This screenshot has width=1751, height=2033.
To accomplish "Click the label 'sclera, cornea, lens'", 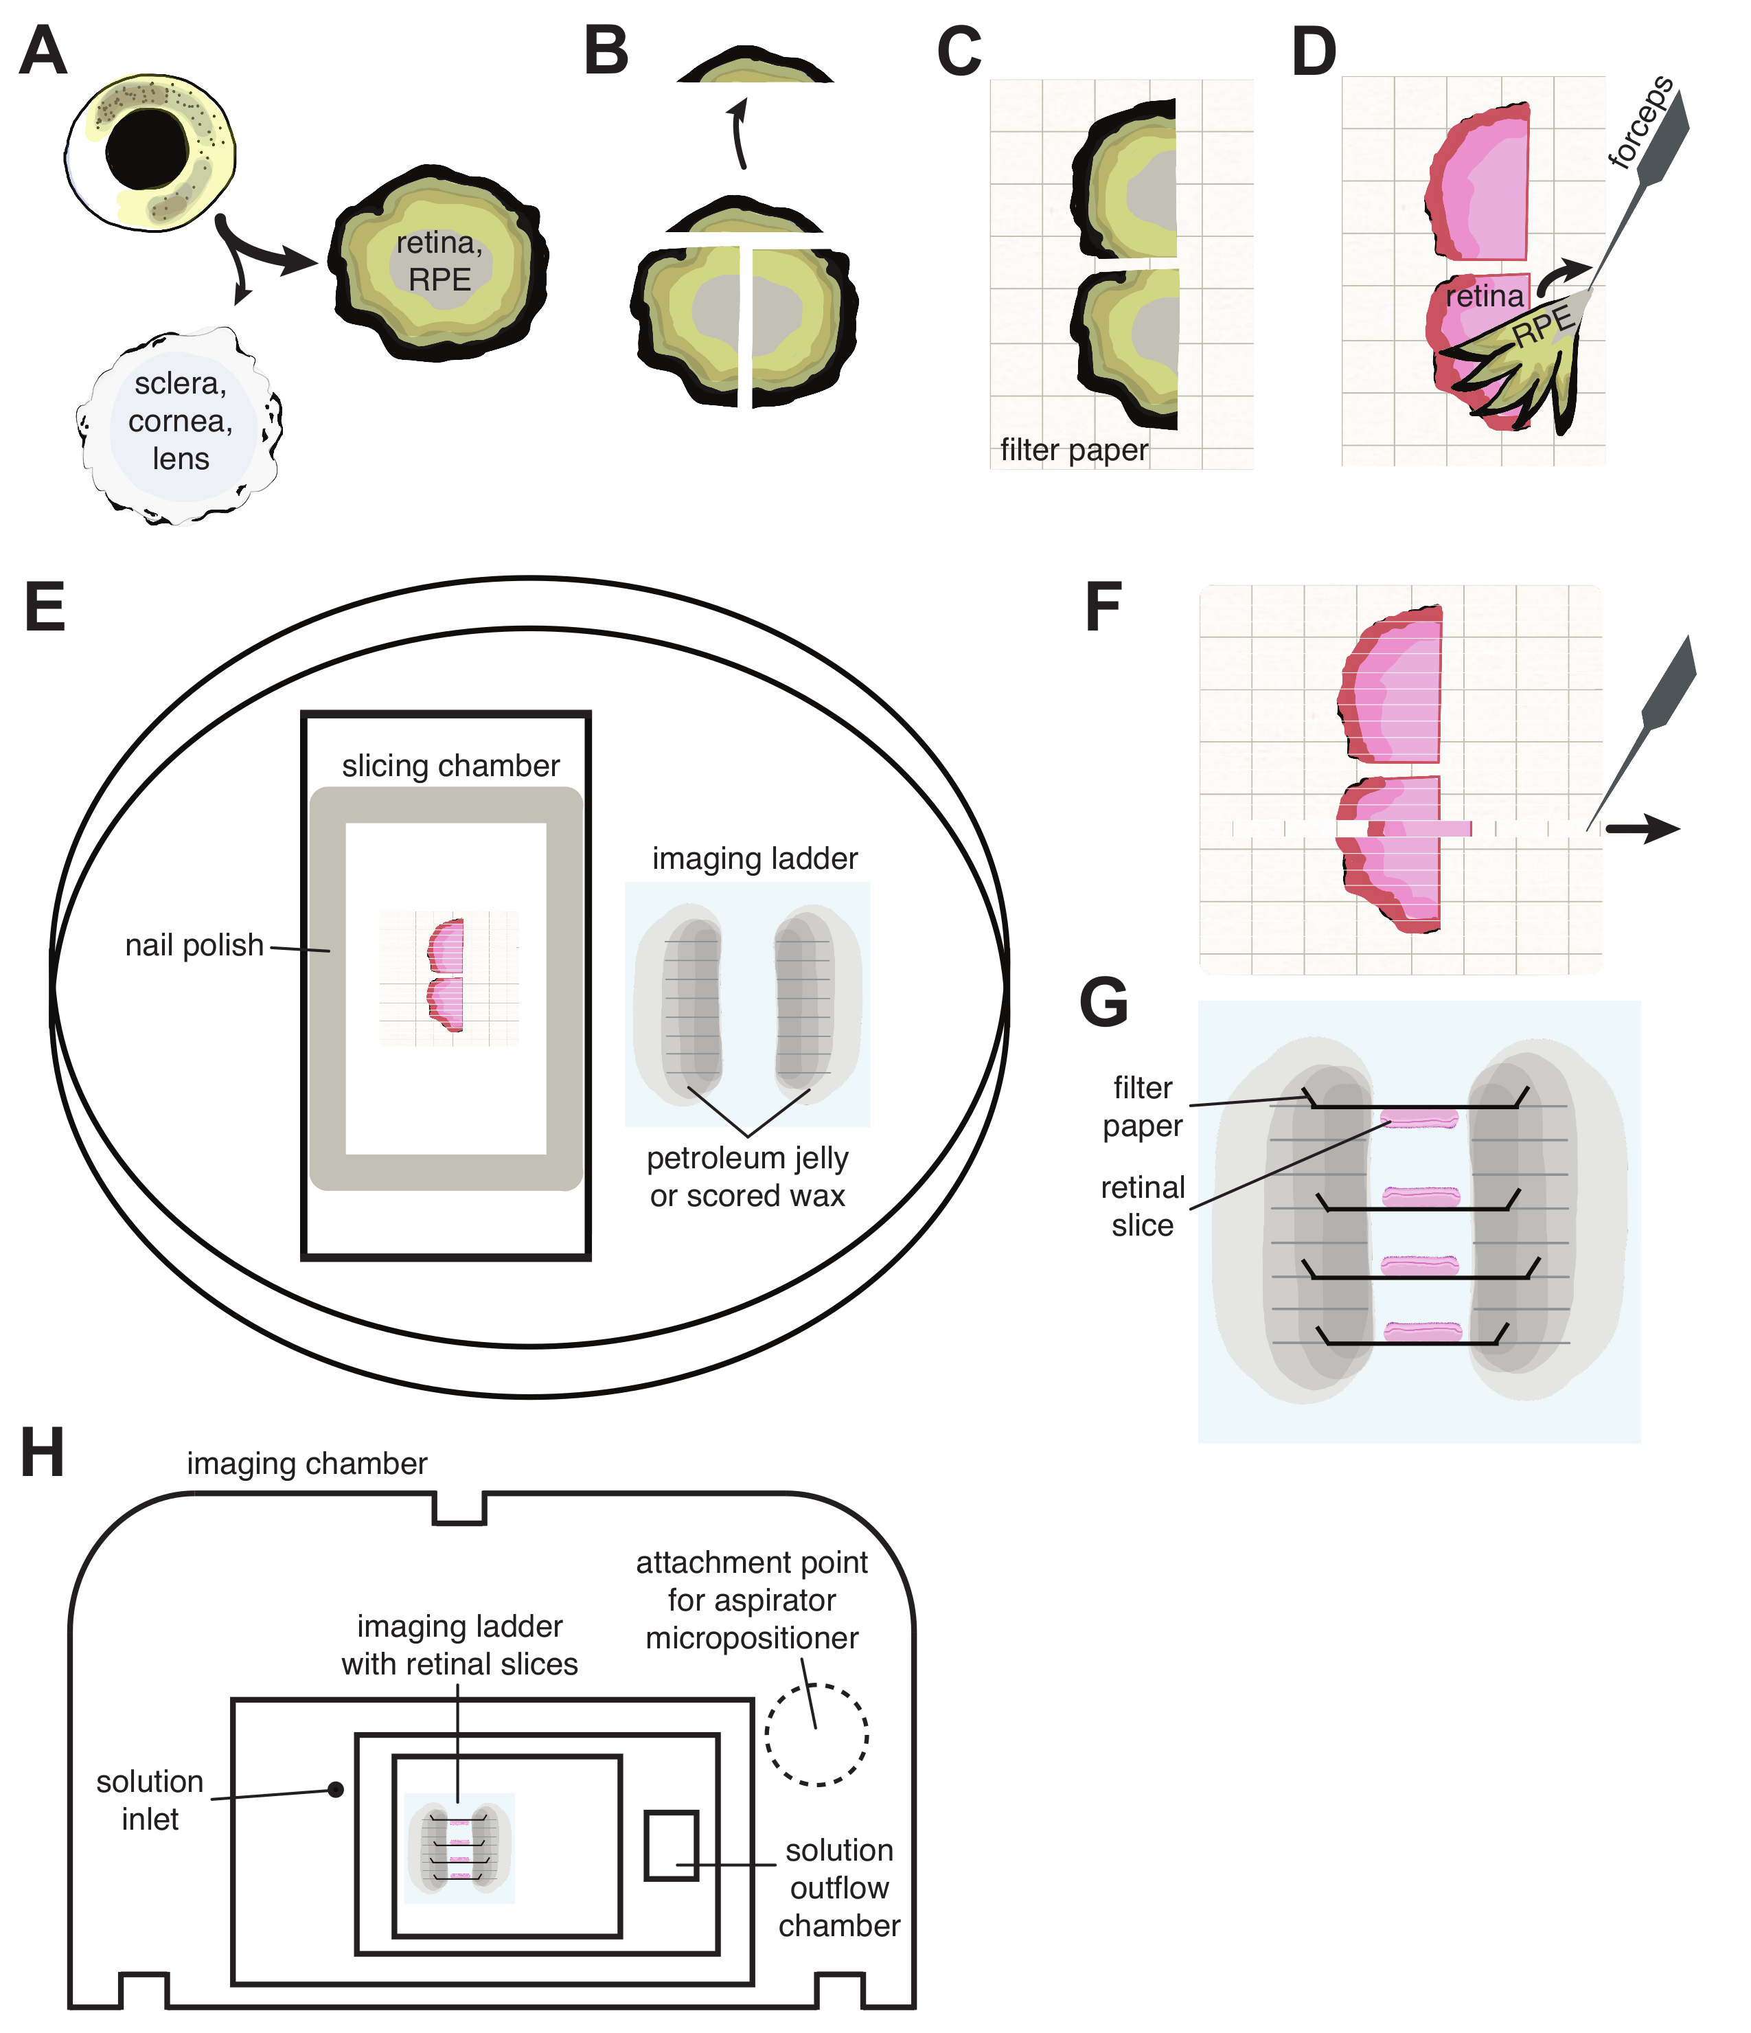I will pyautogui.click(x=181, y=421).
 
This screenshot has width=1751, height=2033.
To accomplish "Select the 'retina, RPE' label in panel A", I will pyautogui.click(x=439, y=261).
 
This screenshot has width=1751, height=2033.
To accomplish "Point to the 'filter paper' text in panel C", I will pyautogui.click(x=1073, y=451).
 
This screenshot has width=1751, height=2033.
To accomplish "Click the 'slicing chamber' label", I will pyautogui.click(x=450, y=765).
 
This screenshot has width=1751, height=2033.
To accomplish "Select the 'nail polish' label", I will pyautogui.click(x=194, y=945).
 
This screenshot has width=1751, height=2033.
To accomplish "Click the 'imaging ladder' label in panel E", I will pyautogui.click(x=755, y=859).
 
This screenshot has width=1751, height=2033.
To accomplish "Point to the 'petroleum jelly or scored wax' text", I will pyautogui.click(x=748, y=1177).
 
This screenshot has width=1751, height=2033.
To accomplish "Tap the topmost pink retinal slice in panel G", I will pyautogui.click(x=1419, y=1117).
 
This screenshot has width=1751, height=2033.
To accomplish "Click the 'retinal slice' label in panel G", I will pyautogui.click(x=1142, y=1206).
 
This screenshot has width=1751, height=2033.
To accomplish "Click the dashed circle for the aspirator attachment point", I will pyautogui.click(x=816, y=1735).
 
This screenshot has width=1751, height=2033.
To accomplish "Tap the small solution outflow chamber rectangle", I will pyautogui.click(x=671, y=1845).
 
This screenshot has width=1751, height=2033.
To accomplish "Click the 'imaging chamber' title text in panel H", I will pyautogui.click(x=307, y=1463).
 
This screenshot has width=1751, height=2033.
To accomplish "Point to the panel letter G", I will pyautogui.click(x=1103, y=1003).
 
